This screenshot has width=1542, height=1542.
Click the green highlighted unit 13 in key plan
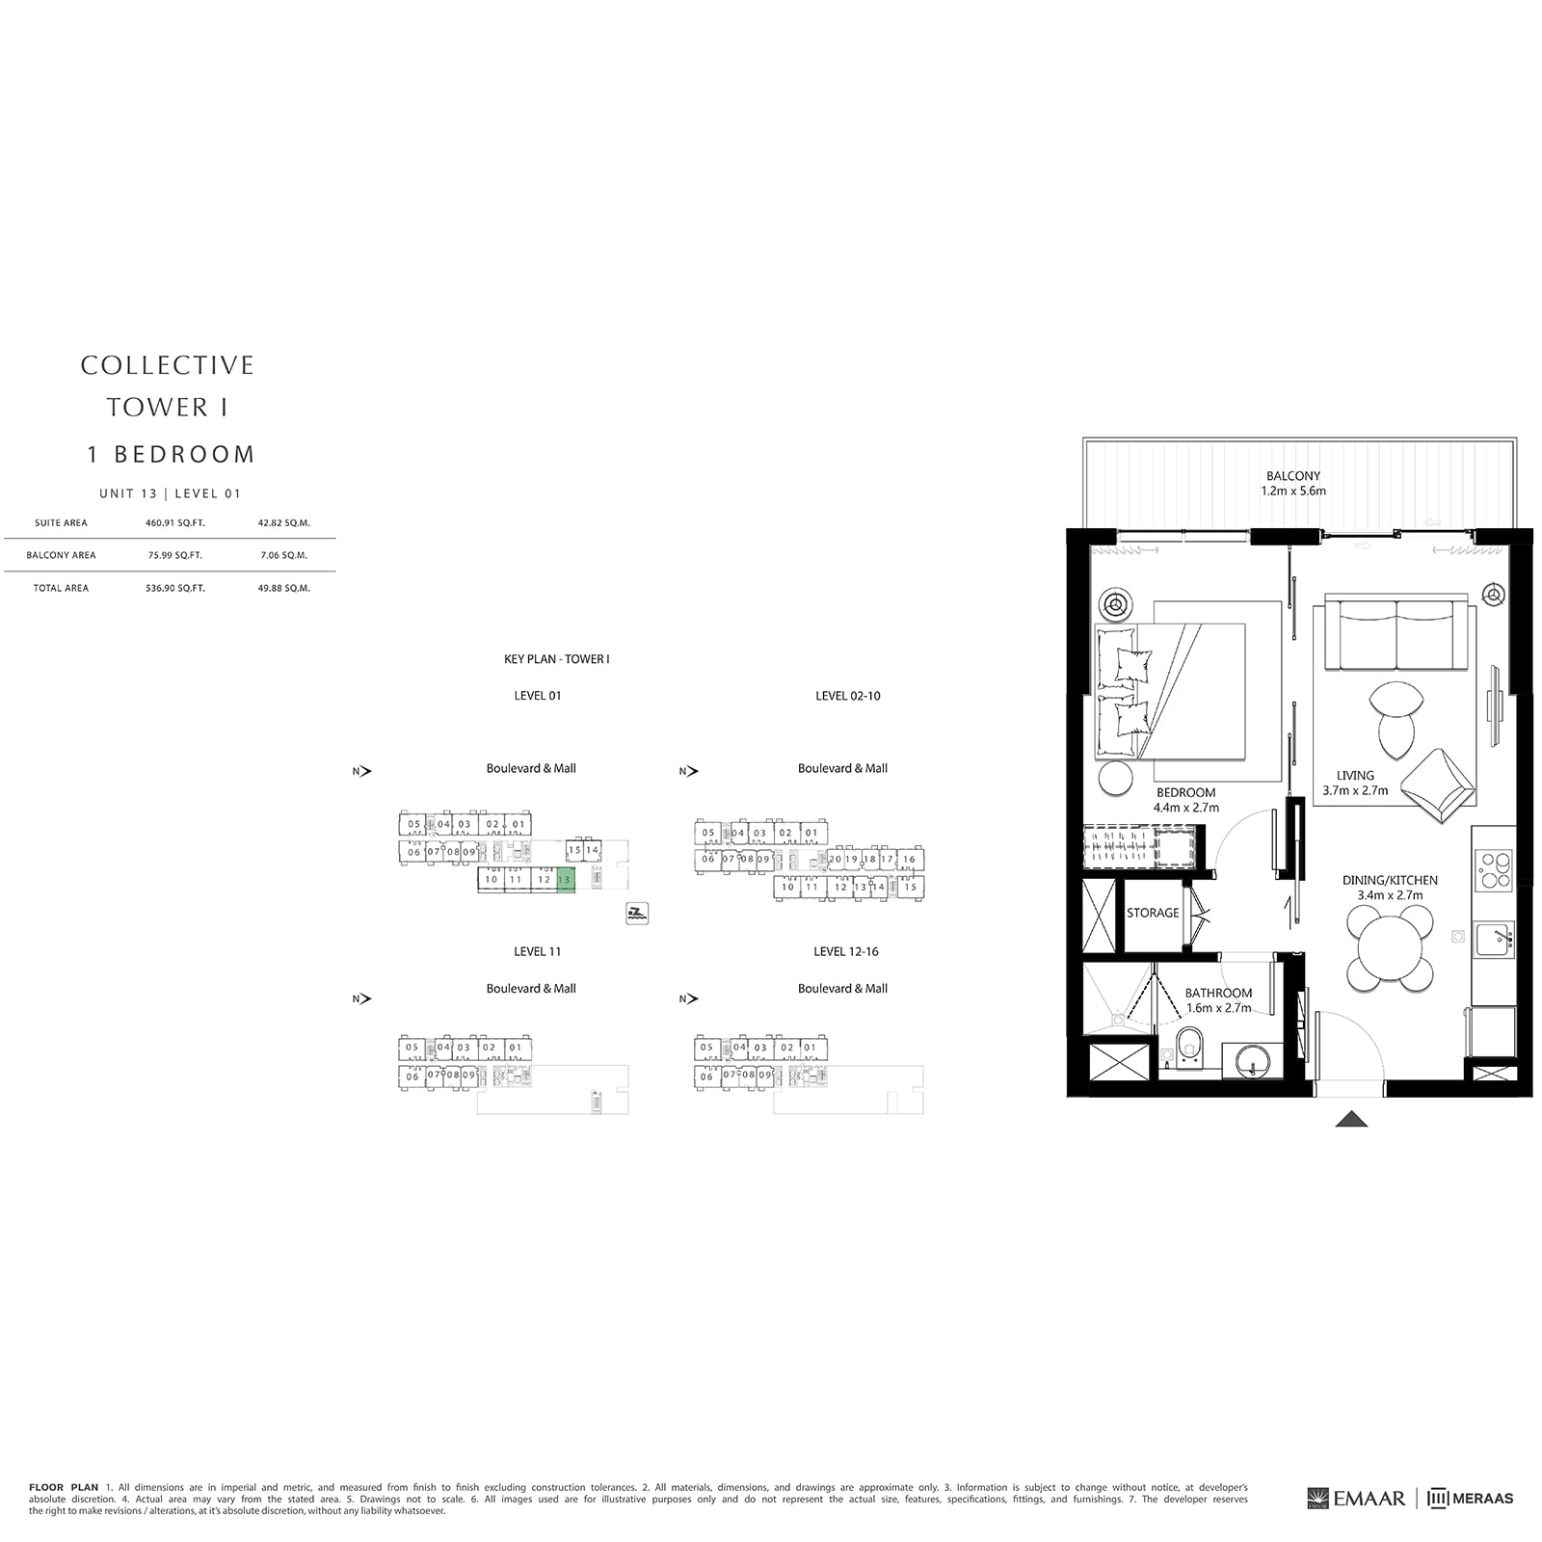pos(566,879)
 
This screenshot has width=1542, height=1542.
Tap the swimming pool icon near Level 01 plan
pos(637,914)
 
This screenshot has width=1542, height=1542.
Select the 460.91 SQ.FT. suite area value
pos(175,523)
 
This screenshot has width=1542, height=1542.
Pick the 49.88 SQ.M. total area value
pos(284,588)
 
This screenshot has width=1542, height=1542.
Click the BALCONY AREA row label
pos(61,555)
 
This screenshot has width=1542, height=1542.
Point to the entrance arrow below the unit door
pos(1352,1119)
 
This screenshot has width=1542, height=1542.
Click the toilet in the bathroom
pos(1189,1047)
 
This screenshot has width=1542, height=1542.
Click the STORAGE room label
pos(1153,913)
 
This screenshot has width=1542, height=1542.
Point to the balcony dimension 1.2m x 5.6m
pos(1293,491)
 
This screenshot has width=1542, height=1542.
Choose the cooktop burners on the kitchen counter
pos(1495,869)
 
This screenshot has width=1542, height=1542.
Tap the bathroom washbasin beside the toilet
pos(1251,1063)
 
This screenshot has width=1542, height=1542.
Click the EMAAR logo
pos(1357,1499)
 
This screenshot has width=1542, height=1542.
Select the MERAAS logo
pos(1471,1499)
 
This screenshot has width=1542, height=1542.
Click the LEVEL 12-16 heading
pos(845,951)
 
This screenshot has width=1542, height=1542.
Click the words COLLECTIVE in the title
pos(168,365)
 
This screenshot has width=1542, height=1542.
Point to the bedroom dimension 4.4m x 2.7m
pos(1186,808)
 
